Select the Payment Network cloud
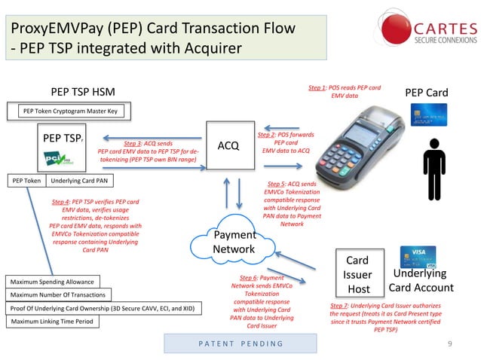point(234,243)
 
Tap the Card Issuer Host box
point(357,276)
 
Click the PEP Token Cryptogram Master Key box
point(72,111)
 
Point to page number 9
point(449,344)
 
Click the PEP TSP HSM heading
point(83,93)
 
